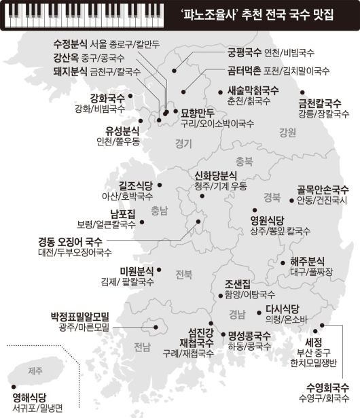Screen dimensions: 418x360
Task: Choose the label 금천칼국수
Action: point(319,103)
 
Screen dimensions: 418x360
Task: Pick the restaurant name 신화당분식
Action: point(215,175)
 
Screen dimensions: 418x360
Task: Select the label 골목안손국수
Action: point(323,190)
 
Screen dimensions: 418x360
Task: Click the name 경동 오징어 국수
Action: point(70,241)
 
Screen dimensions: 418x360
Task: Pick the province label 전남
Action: point(142,348)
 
